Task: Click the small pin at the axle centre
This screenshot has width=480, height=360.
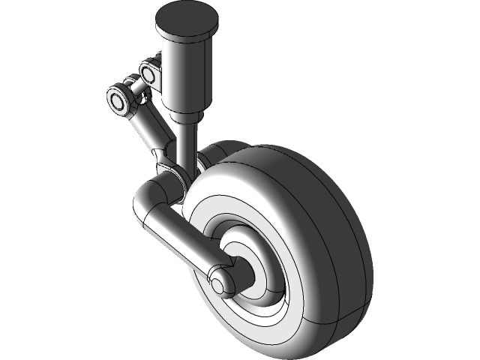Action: pos(217,284)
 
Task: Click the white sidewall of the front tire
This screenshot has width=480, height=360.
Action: pos(225,187)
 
